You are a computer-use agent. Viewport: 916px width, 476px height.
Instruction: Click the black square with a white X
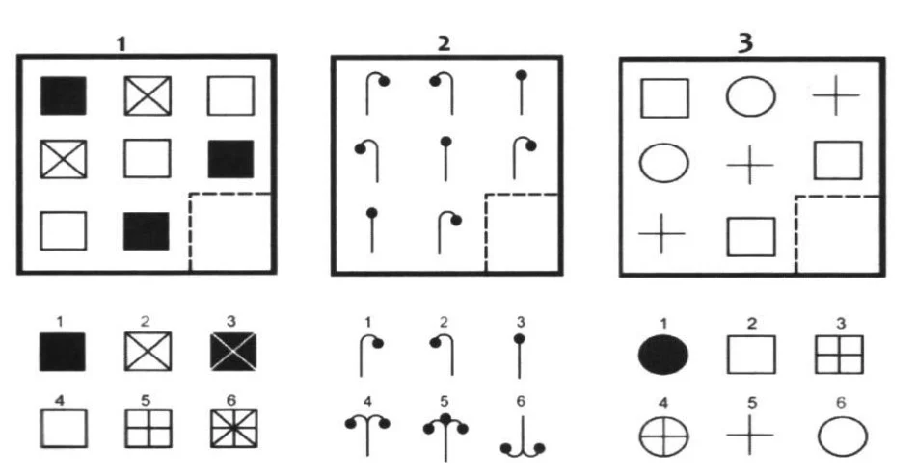click(233, 352)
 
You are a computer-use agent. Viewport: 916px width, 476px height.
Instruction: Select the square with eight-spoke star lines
click(233, 428)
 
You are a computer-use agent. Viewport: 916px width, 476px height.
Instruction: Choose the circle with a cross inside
click(663, 436)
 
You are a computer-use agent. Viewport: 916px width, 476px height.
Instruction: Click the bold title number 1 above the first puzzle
click(121, 44)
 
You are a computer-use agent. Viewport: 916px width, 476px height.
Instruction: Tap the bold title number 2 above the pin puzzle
click(444, 43)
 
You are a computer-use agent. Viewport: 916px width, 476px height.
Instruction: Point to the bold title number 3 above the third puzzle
click(745, 43)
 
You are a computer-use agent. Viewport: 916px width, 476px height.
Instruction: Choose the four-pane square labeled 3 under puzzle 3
click(839, 355)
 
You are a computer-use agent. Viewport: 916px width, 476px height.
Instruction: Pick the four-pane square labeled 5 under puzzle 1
click(148, 428)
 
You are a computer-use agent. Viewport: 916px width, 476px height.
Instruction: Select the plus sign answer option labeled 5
click(750, 436)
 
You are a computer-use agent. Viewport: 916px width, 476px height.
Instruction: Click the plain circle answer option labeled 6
click(843, 436)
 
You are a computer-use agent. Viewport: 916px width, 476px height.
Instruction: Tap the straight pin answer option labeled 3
click(520, 356)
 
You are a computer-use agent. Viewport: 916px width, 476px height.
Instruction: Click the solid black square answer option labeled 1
click(62, 352)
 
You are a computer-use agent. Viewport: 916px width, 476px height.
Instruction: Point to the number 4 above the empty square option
click(60, 400)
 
